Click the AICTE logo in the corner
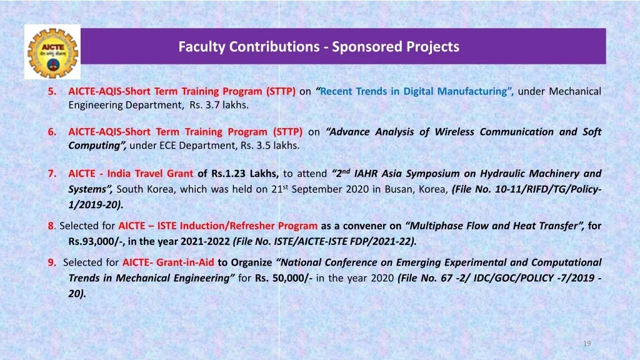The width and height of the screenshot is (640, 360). pos(52,52)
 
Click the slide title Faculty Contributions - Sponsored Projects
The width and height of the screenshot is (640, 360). pos(319,46)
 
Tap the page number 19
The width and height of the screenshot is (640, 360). pos(587,344)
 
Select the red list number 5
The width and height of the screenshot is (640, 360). pos(52,91)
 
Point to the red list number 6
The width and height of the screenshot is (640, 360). pos(52,132)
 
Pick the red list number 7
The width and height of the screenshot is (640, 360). pos(52,174)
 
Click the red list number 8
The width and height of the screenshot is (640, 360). pos(51,226)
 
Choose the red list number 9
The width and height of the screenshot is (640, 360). pos(51,262)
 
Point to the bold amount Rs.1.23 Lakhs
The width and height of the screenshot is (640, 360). pos(245,174)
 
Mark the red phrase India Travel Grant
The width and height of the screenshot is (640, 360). pos(150,174)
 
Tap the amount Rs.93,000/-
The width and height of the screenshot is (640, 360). pos(96,242)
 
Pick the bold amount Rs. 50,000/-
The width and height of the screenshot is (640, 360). pos(284,278)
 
